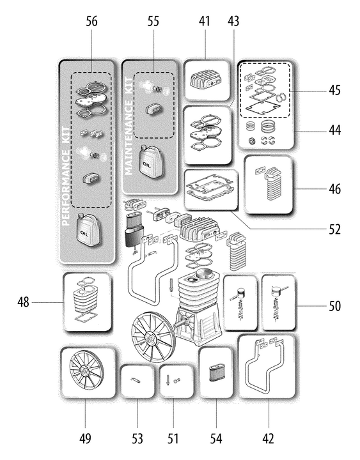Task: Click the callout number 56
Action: tap(91, 22)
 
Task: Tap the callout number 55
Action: tap(153, 22)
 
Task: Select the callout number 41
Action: tap(205, 22)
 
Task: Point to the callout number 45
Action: tap(334, 90)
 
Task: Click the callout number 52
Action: tap(334, 229)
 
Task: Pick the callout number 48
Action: tap(23, 302)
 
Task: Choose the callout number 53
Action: tap(137, 439)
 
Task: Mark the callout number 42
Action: tap(269, 439)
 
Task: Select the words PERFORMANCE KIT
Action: tap(67, 176)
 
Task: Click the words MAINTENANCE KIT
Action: tap(129, 126)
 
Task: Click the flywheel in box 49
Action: tap(86, 372)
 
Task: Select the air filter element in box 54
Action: tap(216, 373)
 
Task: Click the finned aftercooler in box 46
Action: tap(270, 183)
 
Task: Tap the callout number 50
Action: tap(334, 306)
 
